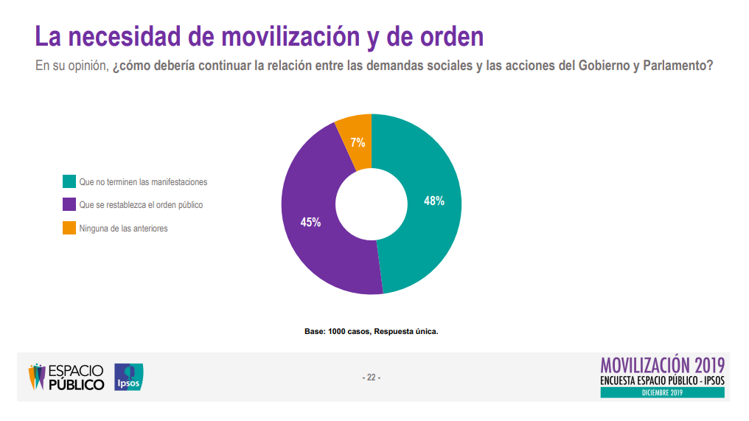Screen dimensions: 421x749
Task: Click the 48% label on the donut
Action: pos(434,200)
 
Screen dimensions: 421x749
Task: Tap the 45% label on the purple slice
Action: pos(310,222)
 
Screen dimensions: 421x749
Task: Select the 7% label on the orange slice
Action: pos(358,143)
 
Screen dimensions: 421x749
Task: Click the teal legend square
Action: pos(69,181)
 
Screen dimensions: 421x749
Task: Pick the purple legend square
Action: pos(69,205)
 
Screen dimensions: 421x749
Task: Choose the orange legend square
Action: pos(69,229)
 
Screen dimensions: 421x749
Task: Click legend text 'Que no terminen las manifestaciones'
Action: pos(143,181)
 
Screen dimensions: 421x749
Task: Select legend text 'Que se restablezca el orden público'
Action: pos(141,205)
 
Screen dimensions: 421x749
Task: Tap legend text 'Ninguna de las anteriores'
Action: pos(123,229)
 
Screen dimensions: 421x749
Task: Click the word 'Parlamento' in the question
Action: pos(676,66)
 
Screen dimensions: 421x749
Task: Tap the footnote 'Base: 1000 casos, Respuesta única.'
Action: pos(372,331)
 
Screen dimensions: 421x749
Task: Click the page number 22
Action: pos(371,377)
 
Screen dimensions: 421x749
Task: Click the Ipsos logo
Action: pos(129,377)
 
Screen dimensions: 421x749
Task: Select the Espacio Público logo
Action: pos(67,377)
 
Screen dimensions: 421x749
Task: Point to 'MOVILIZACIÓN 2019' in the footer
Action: pos(663,365)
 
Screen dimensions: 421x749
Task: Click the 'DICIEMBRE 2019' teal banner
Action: pos(663,392)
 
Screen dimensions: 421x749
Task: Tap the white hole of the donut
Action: pos(372,204)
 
